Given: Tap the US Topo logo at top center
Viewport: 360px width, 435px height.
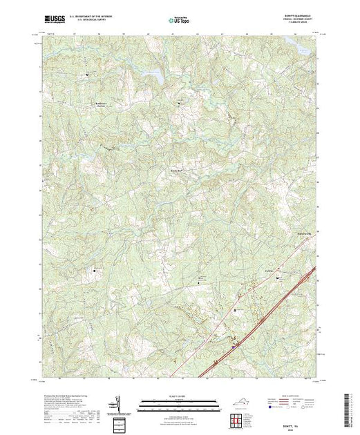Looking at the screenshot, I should (180, 20).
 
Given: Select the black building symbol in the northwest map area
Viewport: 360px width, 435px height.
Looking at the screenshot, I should (88, 74).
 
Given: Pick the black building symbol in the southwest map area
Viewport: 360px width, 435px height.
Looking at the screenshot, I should (95, 271).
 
